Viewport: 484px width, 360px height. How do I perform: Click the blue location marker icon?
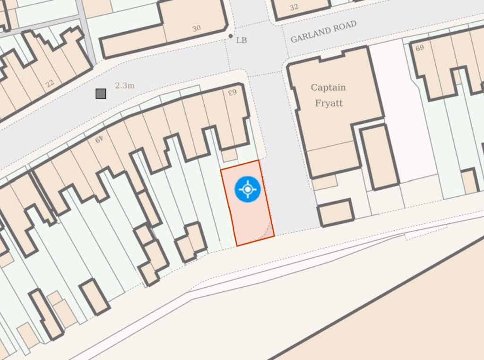coord(248,189)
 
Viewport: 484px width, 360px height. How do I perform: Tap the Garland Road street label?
coord(323,32)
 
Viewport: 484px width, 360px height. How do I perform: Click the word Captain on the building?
coord(328,88)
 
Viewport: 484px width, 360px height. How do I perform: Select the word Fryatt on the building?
coord(328,103)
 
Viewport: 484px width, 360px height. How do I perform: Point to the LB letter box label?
coord(242,40)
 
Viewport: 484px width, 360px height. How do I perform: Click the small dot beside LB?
coord(231,35)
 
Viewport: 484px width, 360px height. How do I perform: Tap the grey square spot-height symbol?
coord(101,94)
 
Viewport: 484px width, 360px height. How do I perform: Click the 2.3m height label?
coord(125,86)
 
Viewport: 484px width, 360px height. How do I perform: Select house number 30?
coord(197,28)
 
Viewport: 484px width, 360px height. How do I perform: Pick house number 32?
coord(294,7)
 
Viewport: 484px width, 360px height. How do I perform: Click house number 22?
coord(50,84)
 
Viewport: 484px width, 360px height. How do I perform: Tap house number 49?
coord(99,139)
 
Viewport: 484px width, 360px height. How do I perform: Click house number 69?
coord(419,48)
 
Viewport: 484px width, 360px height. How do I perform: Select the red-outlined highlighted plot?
coord(246,213)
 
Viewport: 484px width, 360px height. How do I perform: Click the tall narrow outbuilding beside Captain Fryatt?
coord(379,156)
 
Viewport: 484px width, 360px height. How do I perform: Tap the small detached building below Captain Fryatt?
coord(336,213)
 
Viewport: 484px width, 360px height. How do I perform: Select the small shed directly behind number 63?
coord(230,155)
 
